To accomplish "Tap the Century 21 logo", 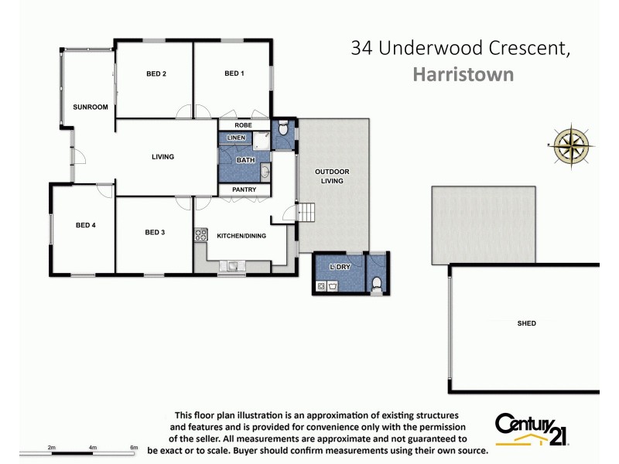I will [533, 429].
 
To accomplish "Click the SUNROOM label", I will [90, 107].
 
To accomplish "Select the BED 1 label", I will [234, 74].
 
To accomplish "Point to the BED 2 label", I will [156, 74].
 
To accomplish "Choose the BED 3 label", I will [156, 232].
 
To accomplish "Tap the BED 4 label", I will [85, 226].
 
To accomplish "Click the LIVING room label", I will [162, 157].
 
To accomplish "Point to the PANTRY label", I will [244, 189].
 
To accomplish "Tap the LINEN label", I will [236, 138].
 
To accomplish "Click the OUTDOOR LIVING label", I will [332, 176].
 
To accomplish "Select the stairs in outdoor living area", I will [307, 211].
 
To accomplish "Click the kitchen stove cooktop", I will [201, 235].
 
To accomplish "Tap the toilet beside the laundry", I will [377, 286].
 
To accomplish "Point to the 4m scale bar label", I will [92, 448].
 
